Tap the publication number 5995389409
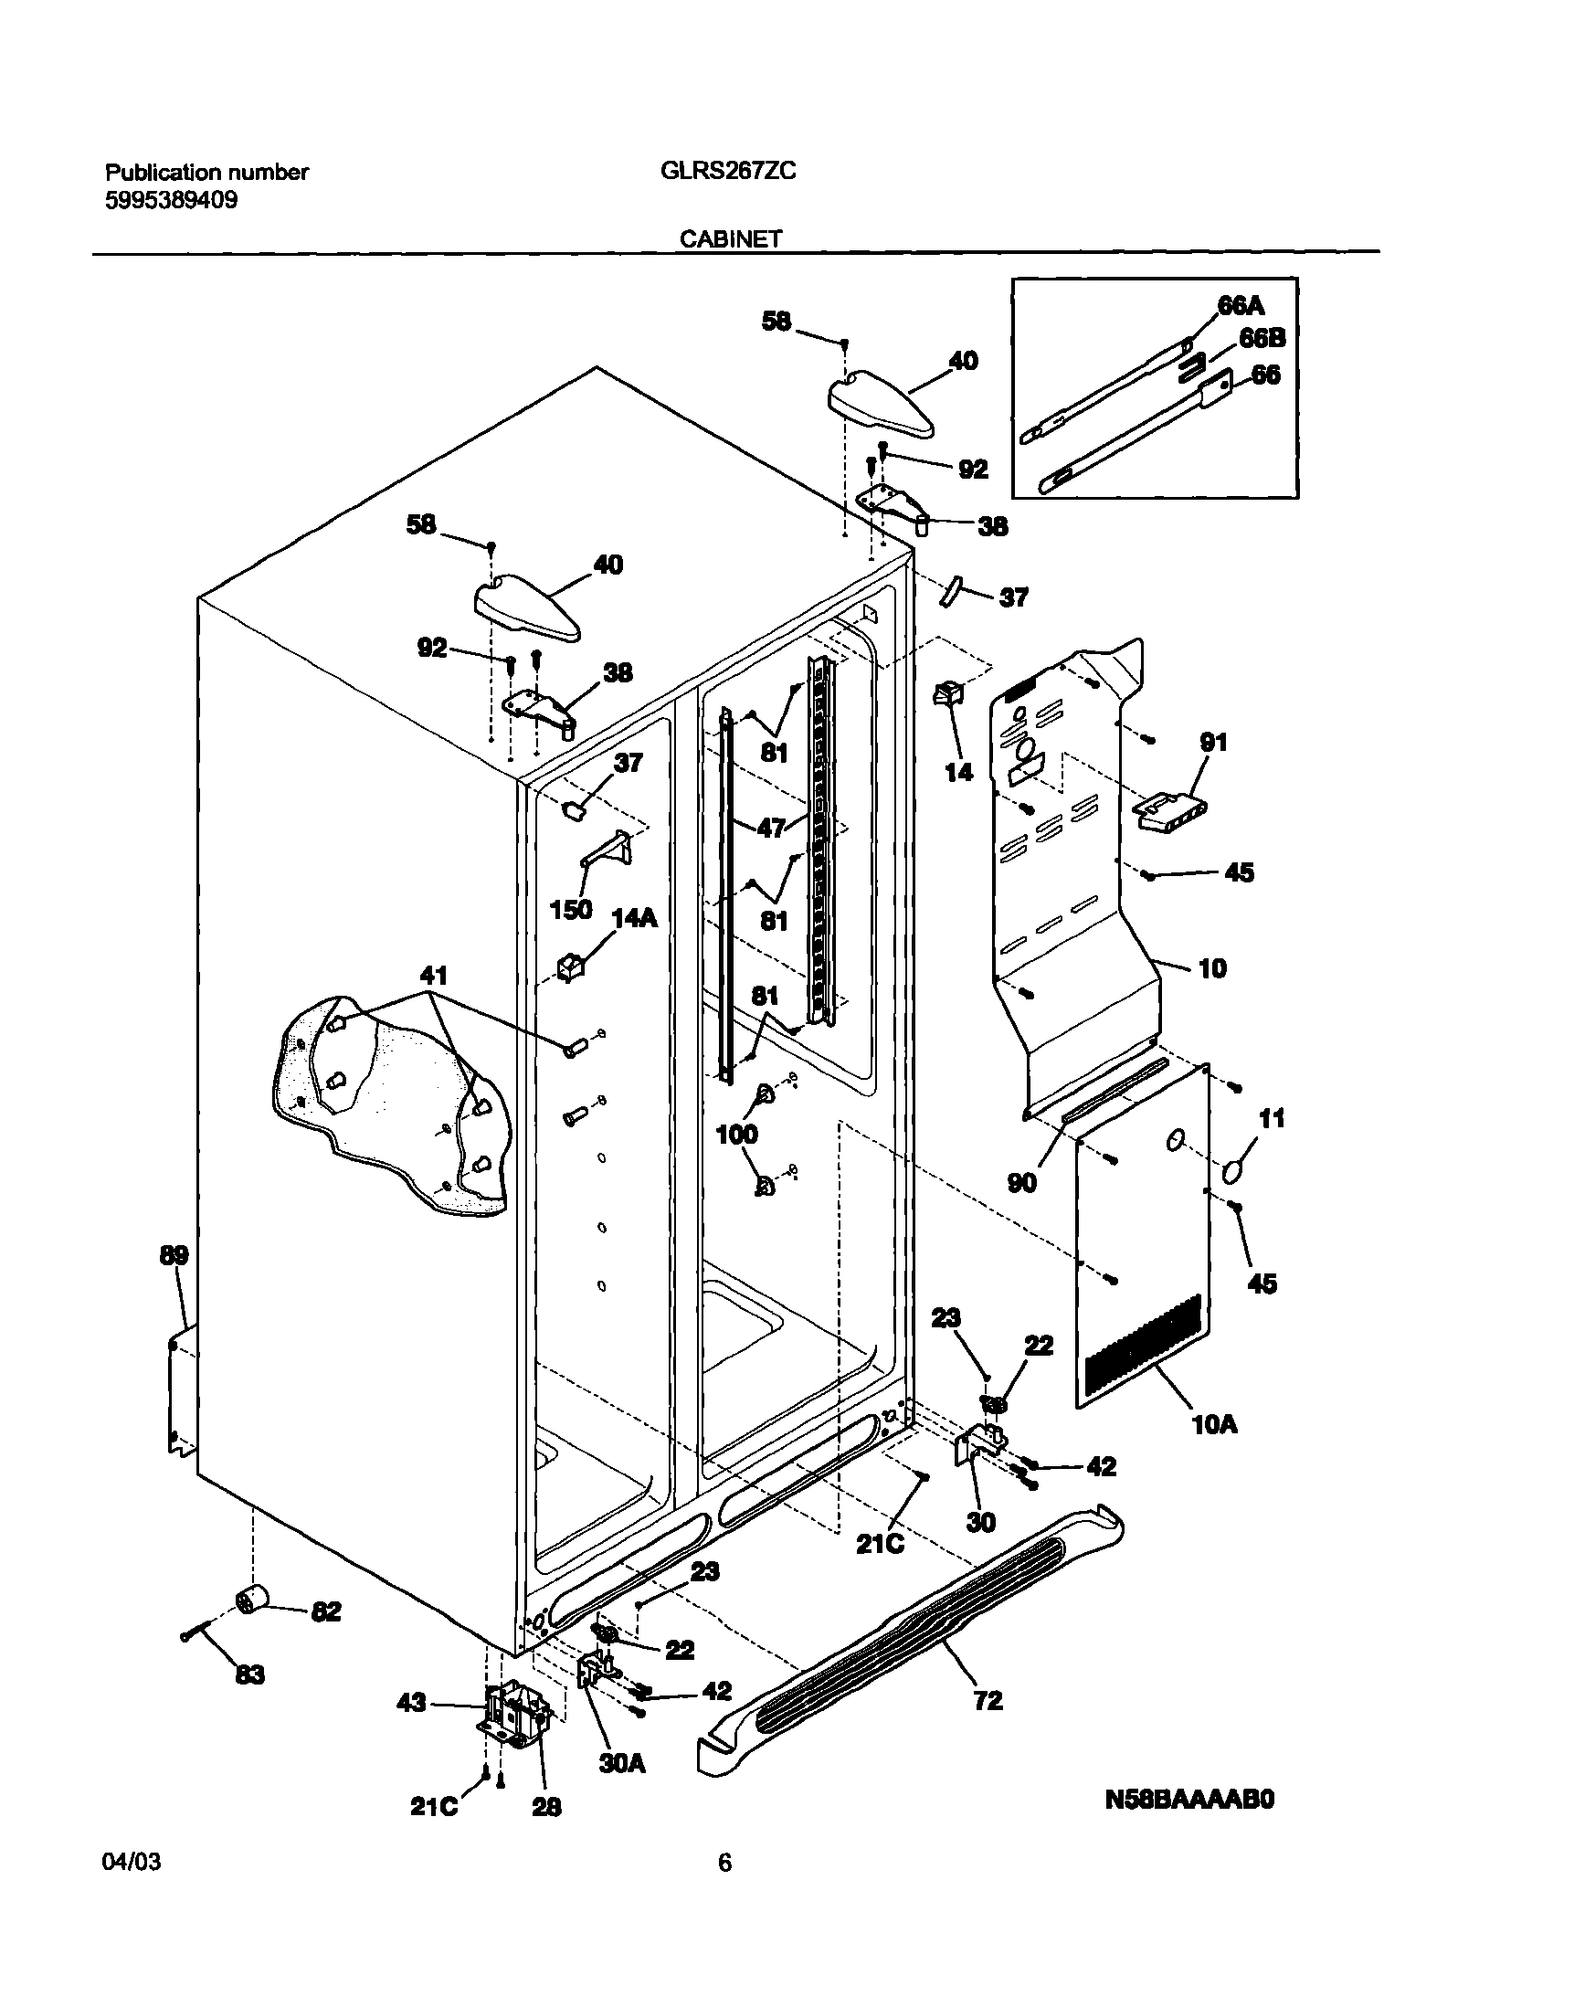pyautogui.click(x=172, y=200)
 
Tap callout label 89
pyautogui.click(x=174, y=1255)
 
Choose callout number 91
pyautogui.click(x=1214, y=742)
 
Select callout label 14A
pyautogui.click(x=635, y=918)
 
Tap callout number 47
pyautogui.click(x=770, y=829)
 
